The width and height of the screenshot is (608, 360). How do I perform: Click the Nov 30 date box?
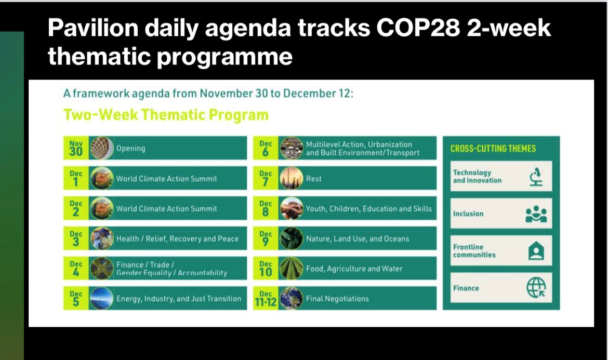tap(76, 148)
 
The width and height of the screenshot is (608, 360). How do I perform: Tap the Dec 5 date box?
tap(76, 298)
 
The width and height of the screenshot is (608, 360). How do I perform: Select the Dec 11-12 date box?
tap(266, 298)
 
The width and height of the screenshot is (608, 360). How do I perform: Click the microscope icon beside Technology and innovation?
tap(536, 176)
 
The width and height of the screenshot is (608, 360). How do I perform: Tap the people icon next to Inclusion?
tap(536, 214)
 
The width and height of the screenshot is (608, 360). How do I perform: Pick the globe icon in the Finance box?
tap(536, 288)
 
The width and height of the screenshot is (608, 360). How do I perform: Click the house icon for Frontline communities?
tap(536, 251)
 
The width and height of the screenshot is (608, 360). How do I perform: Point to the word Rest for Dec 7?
tap(314, 179)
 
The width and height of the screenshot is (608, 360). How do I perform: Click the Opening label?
tap(130, 149)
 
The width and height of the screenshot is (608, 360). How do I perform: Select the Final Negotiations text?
tap(337, 298)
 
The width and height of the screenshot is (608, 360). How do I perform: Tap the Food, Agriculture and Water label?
tap(354, 269)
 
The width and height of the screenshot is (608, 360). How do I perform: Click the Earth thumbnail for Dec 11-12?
tap(291, 298)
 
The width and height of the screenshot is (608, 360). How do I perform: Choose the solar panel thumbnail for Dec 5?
tap(101, 298)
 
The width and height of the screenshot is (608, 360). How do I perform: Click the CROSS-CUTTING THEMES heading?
tap(493, 149)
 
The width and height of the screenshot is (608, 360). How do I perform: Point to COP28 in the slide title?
tap(418, 28)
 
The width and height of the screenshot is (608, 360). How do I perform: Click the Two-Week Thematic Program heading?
tap(166, 115)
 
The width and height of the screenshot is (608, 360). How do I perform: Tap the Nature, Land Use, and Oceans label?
tap(358, 239)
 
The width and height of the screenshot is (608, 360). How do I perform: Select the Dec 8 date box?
tap(266, 208)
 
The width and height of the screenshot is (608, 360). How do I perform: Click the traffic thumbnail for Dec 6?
tap(291, 148)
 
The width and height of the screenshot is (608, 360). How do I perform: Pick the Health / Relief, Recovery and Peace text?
tap(178, 239)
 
